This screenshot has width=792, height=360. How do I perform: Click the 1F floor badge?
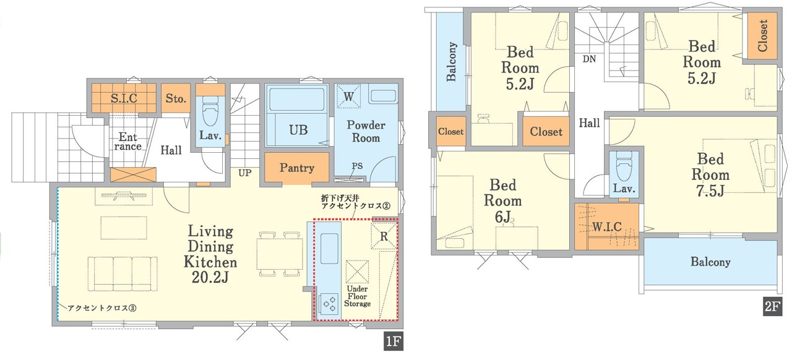394,341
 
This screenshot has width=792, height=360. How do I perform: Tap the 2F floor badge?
772,306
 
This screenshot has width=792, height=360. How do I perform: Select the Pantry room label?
296,168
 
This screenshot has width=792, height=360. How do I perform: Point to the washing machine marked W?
348,96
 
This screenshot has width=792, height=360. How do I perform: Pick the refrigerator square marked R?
384,236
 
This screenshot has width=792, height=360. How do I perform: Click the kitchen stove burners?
329,304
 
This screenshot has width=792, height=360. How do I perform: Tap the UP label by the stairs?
244,173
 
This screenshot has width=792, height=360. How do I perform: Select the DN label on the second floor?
590,59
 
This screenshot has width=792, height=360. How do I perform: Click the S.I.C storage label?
124,98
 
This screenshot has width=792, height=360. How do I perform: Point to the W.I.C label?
607,226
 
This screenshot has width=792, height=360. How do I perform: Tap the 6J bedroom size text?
502,216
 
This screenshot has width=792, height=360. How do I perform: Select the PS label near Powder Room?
357,166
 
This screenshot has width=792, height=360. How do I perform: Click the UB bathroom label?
298,130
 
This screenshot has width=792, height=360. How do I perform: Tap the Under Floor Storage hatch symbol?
357,272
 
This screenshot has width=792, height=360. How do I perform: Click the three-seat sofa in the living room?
123,274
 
